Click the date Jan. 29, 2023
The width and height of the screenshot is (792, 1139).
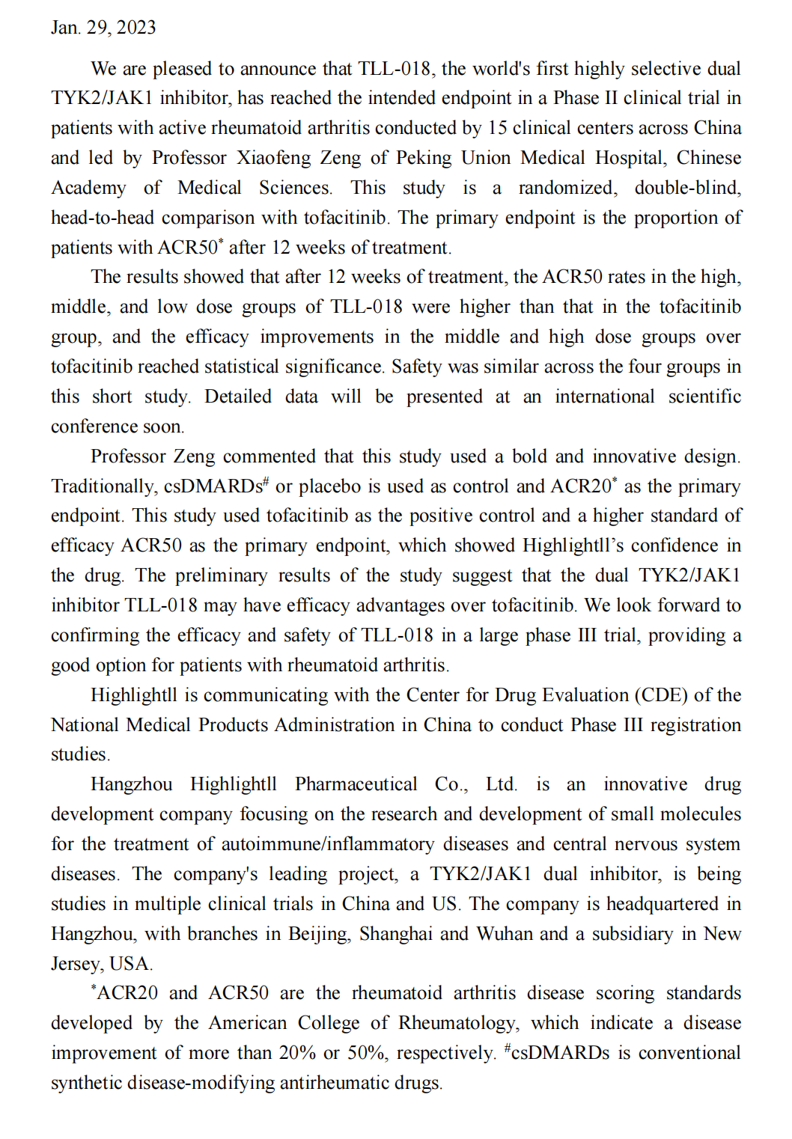click(x=103, y=28)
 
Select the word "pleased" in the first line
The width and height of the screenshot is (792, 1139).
click(x=183, y=69)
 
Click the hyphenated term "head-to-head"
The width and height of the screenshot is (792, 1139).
click(x=103, y=218)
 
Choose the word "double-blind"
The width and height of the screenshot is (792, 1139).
click(x=687, y=188)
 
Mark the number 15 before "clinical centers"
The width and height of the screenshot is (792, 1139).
click(x=497, y=128)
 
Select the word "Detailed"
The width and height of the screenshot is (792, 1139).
click(x=238, y=397)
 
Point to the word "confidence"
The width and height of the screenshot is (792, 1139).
click(x=674, y=546)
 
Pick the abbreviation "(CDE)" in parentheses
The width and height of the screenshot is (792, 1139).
click(x=661, y=695)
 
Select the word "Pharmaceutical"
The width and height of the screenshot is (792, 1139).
click(x=356, y=784)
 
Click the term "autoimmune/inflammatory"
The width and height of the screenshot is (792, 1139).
click(x=327, y=844)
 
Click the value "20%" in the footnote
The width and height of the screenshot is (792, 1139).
click(x=297, y=1053)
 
